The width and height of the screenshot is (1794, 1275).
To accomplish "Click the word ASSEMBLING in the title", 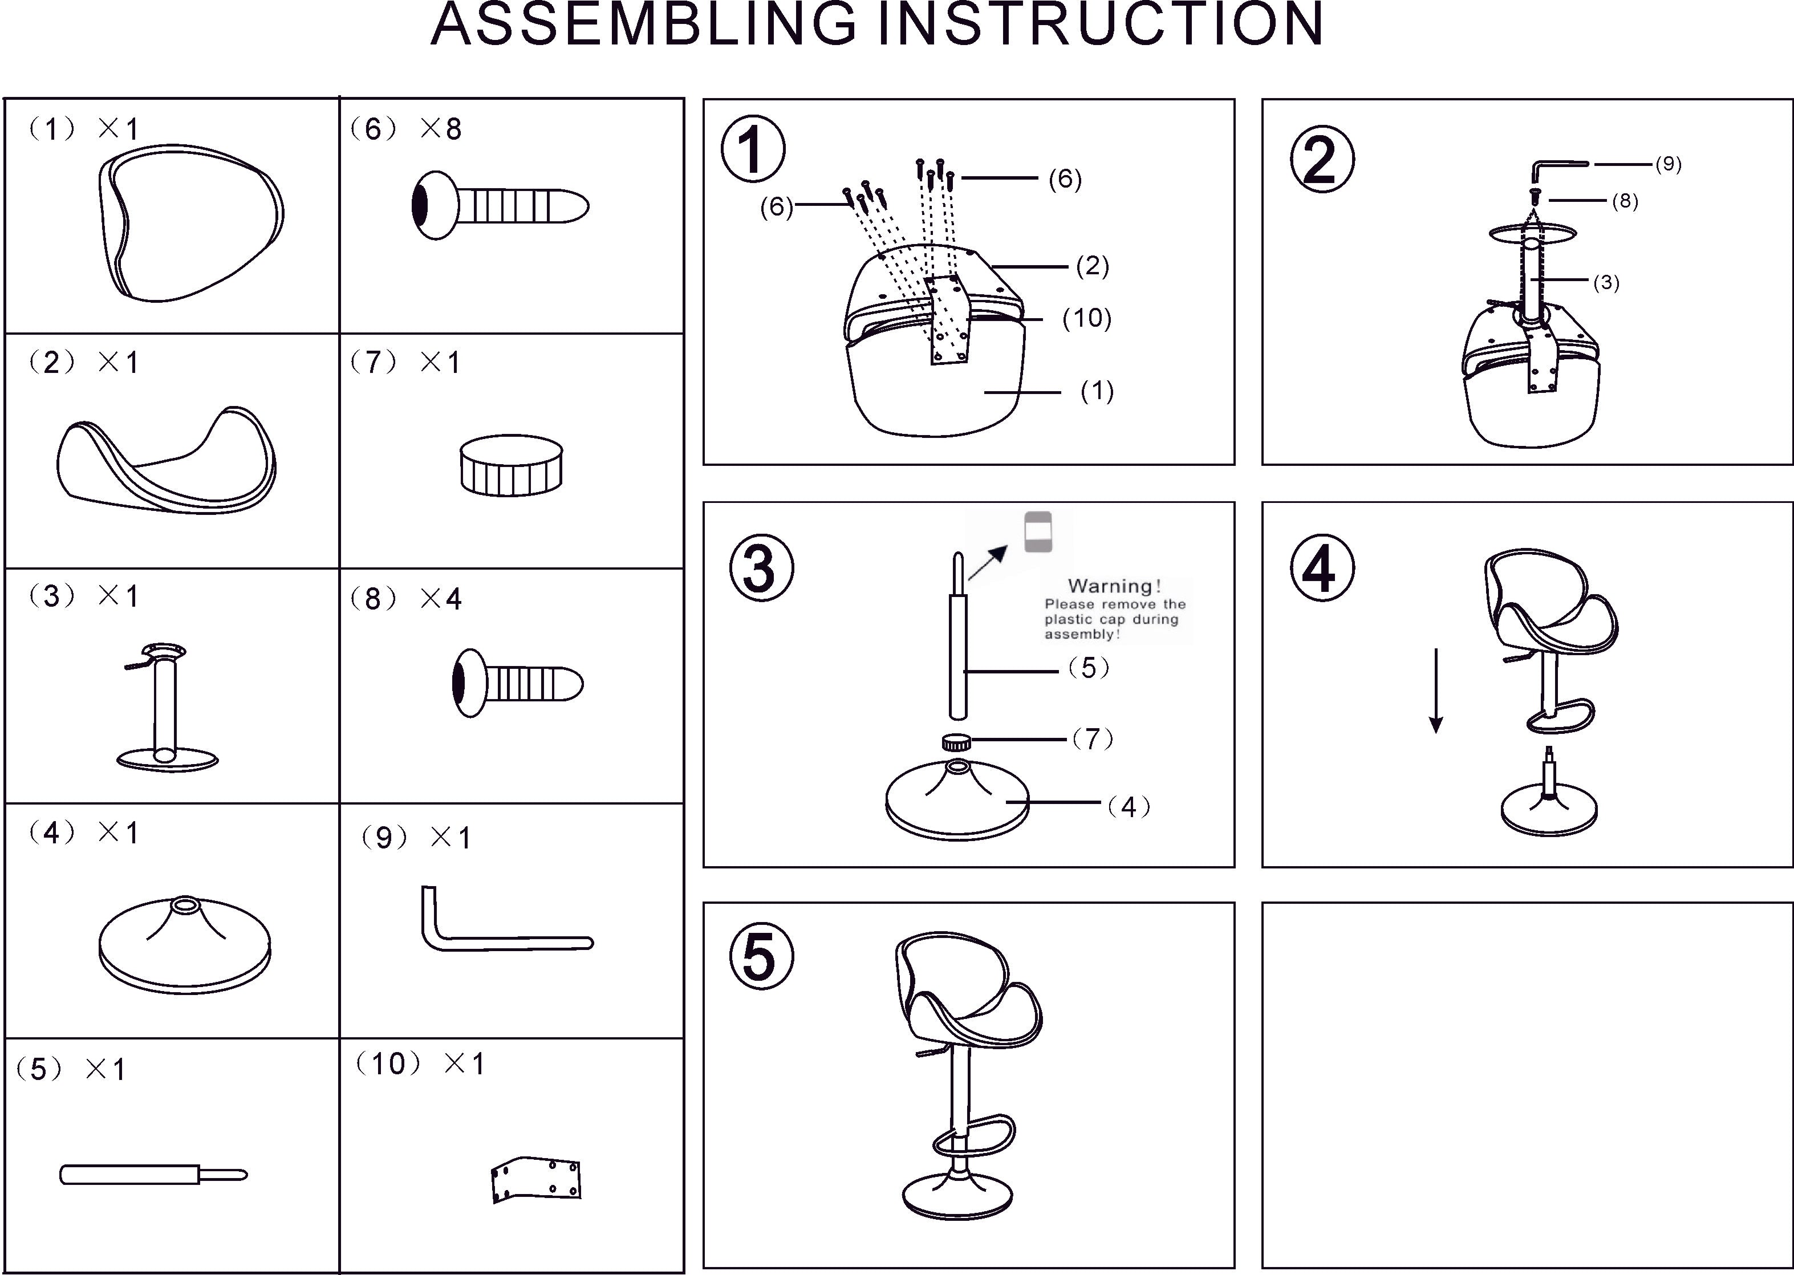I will [x=644, y=25].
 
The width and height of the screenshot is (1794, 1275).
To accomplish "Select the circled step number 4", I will [x=1322, y=569].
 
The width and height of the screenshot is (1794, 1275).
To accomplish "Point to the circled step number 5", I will [x=761, y=956].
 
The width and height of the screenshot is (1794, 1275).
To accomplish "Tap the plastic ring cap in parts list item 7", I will [x=511, y=465].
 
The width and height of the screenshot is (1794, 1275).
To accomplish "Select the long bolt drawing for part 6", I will [x=500, y=206].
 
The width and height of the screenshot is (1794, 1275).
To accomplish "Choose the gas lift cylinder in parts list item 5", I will [x=153, y=1175].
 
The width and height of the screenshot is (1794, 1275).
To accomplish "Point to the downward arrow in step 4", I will [x=1435, y=691].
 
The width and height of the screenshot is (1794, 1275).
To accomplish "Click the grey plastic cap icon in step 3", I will [x=1038, y=533].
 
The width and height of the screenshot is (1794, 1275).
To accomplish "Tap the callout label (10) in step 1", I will [x=1086, y=318].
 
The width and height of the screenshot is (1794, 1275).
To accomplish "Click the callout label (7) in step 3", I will [x=1093, y=739].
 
